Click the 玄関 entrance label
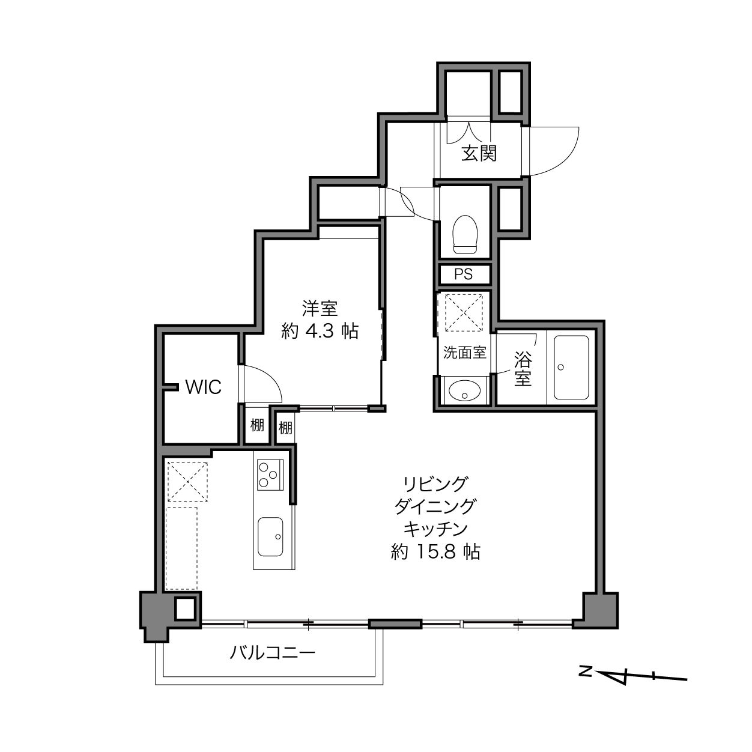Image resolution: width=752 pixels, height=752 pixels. click(x=479, y=153)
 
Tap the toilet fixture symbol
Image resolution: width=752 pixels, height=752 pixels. click(x=465, y=234)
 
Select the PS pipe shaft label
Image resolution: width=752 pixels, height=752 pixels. click(x=463, y=274)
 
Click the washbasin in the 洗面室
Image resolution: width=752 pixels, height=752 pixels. click(x=464, y=390)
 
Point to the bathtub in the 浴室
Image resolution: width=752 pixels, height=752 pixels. click(x=571, y=367)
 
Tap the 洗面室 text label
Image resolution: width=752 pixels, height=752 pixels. click(x=464, y=353)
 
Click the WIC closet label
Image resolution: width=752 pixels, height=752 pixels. click(x=204, y=387)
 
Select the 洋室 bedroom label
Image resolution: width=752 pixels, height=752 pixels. click(x=320, y=308)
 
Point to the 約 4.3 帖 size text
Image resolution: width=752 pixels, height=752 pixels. click(x=320, y=332)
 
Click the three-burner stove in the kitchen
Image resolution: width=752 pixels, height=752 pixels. click(x=270, y=475)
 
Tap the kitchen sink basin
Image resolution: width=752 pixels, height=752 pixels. click(x=270, y=536)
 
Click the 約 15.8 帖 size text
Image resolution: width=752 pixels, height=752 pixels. click(x=435, y=552)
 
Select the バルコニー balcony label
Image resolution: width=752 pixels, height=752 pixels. click(x=272, y=652)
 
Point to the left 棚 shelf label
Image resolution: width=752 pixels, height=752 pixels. click(x=257, y=425)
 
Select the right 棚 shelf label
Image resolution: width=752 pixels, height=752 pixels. click(x=285, y=428)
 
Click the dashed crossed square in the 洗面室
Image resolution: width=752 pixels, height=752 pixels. click(x=464, y=313)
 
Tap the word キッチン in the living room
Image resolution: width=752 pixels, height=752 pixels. click(x=435, y=529)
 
